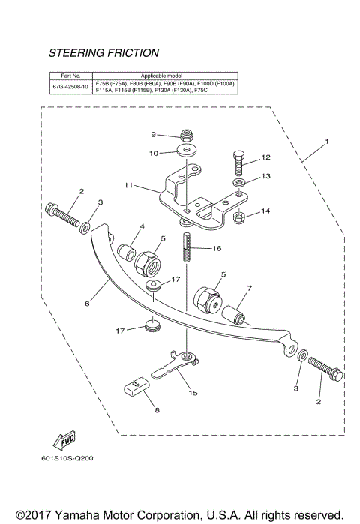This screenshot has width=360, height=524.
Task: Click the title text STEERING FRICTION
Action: pyautogui.click(x=103, y=54)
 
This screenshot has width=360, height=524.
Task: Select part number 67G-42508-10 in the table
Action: pyautogui.click(x=70, y=87)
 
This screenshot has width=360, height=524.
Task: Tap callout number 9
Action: pyautogui.click(x=153, y=135)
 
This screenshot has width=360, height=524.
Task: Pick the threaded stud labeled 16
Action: pyautogui.click(x=184, y=247)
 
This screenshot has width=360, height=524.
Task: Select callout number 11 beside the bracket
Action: pyautogui.click(x=128, y=184)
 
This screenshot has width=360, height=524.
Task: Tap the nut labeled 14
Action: pyautogui.click(x=241, y=218)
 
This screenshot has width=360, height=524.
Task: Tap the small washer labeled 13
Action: pyautogui.click(x=238, y=182)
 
